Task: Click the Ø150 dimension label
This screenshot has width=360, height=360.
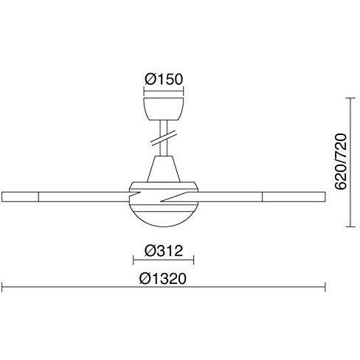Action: pyautogui.click(x=164, y=79)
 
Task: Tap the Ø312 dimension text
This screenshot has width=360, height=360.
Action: pyautogui.click(x=164, y=251)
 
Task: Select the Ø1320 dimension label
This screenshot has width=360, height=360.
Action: pyautogui.click(x=163, y=279)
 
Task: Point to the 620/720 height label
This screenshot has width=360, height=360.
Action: pyautogui.click(x=341, y=162)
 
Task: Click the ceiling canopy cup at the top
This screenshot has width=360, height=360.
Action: pyautogui.click(x=164, y=109)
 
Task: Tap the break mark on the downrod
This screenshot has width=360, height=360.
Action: pyautogui.click(x=164, y=138)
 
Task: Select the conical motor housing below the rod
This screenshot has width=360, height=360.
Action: pyautogui.click(x=164, y=169)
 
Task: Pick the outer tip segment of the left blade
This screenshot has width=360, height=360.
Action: pyautogui.click(x=20, y=197)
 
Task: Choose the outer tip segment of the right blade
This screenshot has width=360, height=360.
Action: pyautogui.click(x=294, y=197)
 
